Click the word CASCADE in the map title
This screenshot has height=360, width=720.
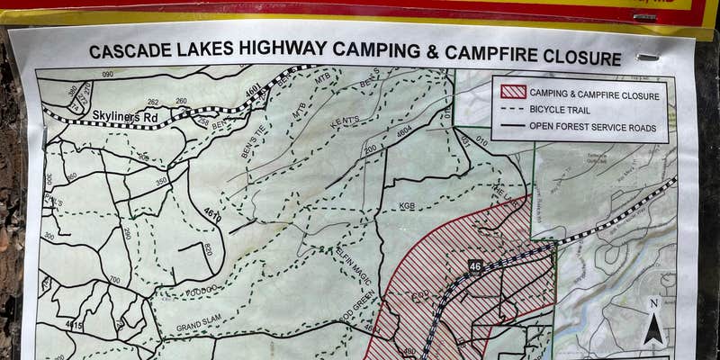click(x=127, y=51)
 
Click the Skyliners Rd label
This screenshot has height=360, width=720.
click(x=126, y=116)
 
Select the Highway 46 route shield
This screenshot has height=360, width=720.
click(x=475, y=266)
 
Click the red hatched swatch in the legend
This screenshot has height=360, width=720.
click(x=513, y=93)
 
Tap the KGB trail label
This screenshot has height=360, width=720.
click(x=407, y=206)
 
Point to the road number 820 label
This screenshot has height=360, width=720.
click(x=206, y=249)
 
